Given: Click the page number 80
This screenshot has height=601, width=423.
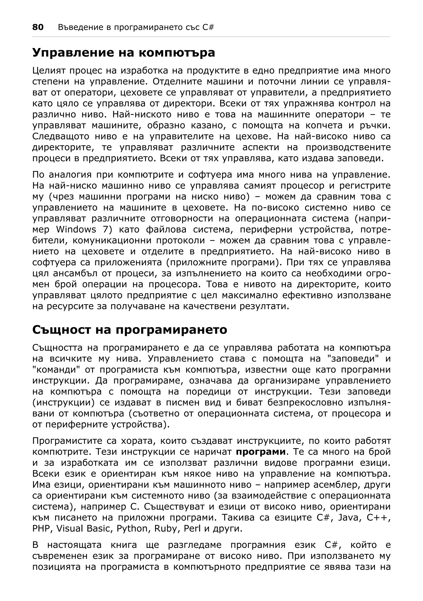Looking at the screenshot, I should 38,27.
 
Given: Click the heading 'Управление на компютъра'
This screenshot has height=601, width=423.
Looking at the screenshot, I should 124,52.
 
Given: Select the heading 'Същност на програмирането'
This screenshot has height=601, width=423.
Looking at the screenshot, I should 130,330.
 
